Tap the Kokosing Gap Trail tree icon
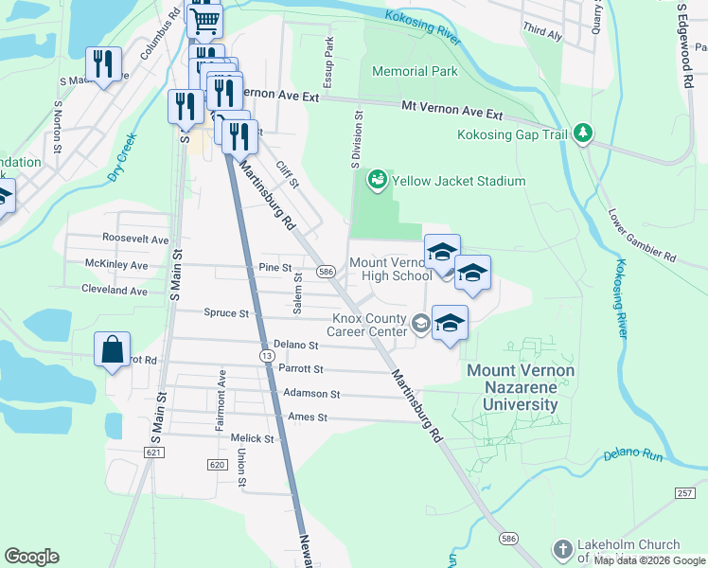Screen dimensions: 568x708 [x=583, y=134]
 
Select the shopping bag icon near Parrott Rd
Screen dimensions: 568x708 [x=112, y=349]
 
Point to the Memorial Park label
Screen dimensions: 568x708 [x=415, y=71]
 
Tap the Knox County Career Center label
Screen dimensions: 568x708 [x=366, y=325]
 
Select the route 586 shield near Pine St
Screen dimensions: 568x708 [x=326, y=272]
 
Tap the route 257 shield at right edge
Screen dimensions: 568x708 [x=685, y=493]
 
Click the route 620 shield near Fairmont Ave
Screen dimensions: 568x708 [x=217, y=464]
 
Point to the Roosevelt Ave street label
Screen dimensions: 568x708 [x=135, y=240]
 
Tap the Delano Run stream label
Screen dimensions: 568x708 [x=634, y=455]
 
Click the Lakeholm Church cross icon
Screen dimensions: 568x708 [x=562, y=550]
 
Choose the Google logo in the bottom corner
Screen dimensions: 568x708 [x=31, y=557]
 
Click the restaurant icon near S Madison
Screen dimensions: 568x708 [x=103, y=65]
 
